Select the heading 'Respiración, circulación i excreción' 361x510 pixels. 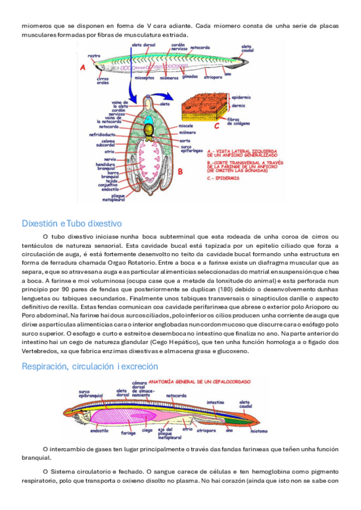(90, 366)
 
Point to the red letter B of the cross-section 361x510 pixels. (180, 171)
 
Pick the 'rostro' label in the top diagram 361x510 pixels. (94, 56)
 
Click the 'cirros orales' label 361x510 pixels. (103, 81)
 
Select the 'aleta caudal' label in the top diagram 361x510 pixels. (247, 48)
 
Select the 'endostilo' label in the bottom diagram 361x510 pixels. (99, 431)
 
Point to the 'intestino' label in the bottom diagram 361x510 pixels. (215, 402)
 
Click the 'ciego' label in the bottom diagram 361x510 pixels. (147, 431)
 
